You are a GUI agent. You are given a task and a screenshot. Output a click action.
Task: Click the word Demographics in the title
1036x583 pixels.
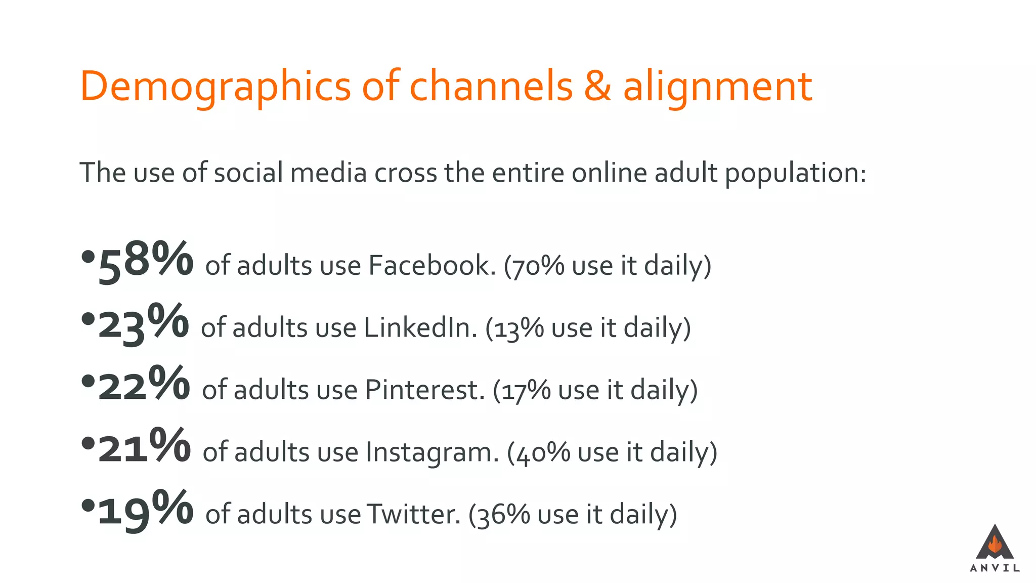click(x=215, y=87)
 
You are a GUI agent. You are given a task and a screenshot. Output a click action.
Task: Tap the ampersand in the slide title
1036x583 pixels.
click(x=597, y=87)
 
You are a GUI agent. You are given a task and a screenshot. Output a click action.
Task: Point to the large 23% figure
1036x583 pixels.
click(x=144, y=324)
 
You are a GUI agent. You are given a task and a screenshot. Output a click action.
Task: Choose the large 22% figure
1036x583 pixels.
click(x=144, y=386)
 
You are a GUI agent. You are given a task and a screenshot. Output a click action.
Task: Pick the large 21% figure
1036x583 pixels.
click(x=145, y=448)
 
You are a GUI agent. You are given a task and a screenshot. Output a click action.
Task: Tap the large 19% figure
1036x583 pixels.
click(x=146, y=510)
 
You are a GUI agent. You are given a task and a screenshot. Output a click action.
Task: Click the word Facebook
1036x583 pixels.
click(x=431, y=265)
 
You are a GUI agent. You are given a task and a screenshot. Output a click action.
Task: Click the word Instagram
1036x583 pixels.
click(x=432, y=452)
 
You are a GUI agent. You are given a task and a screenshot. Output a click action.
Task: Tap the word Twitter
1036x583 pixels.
click(x=413, y=514)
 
